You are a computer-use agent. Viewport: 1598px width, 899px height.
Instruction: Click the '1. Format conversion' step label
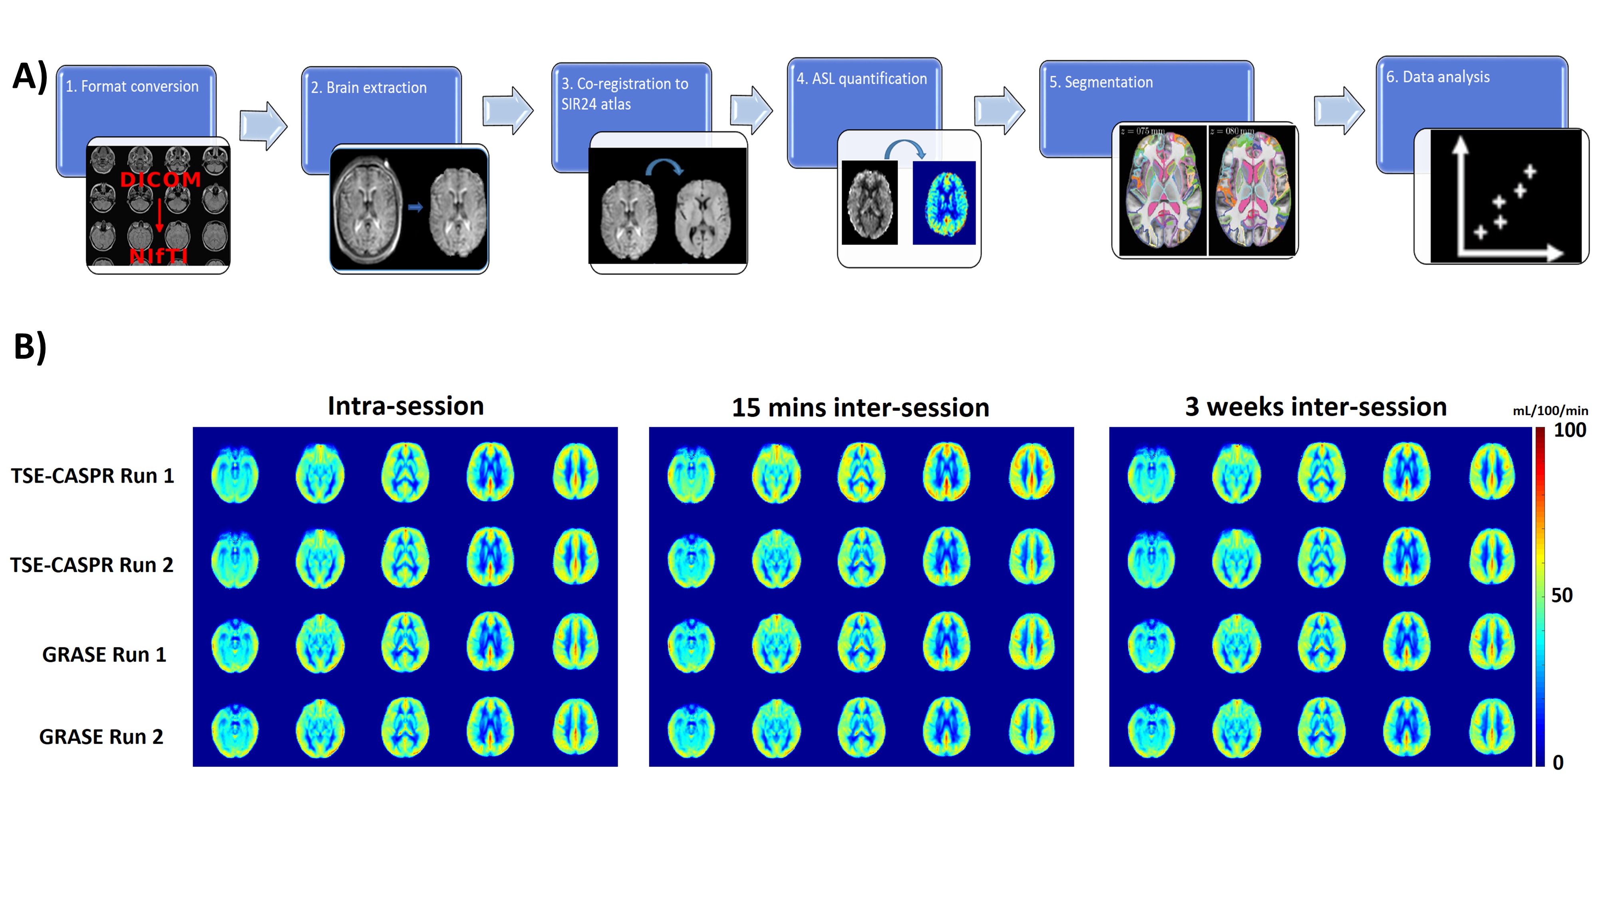[x=132, y=86]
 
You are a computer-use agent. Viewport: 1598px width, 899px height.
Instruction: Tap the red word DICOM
[x=161, y=180]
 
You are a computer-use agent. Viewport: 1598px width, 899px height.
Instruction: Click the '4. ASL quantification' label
[x=862, y=79]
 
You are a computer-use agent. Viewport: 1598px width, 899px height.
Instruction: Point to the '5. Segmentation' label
[x=1101, y=82]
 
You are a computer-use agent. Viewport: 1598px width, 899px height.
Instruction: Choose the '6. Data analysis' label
[x=1437, y=77]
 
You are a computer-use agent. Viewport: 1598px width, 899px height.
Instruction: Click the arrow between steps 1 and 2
[x=263, y=125]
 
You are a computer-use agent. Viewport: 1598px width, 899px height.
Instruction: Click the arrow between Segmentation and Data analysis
[x=1339, y=110]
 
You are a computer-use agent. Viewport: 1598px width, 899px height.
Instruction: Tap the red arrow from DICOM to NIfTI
[x=159, y=215]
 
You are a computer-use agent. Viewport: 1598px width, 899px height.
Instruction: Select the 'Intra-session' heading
[x=406, y=406]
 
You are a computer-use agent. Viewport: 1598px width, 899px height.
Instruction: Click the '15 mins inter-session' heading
[x=861, y=408]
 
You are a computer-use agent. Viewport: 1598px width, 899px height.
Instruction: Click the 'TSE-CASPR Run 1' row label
[x=92, y=476]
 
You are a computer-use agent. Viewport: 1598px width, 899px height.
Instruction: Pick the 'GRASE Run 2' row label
[x=101, y=736]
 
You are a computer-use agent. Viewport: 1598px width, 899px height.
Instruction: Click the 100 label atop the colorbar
[x=1570, y=430]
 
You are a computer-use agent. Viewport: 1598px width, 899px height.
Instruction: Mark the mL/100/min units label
[x=1550, y=411]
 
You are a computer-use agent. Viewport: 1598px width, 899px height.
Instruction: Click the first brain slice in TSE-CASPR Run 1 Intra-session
[x=235, y=475]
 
